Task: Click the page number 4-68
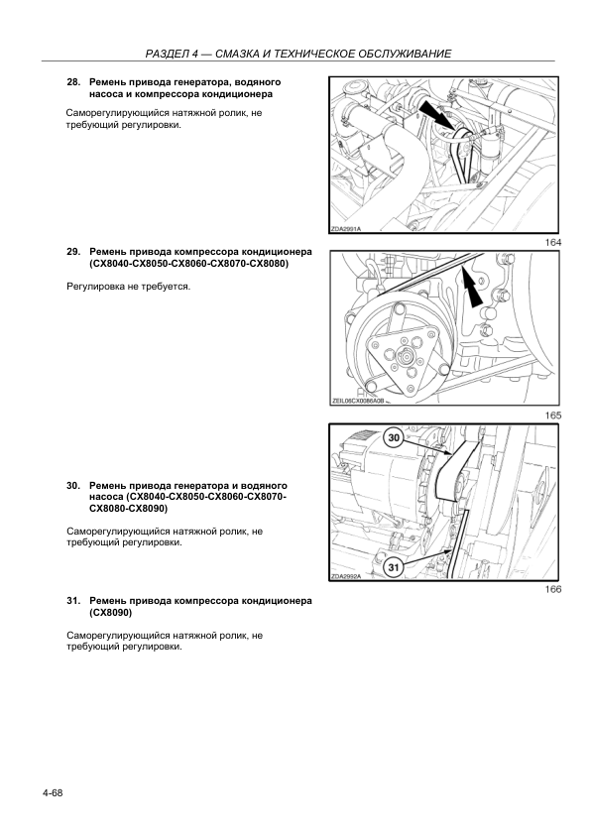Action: point(53,793)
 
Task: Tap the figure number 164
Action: point(553,242)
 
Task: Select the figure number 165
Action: point(553,416)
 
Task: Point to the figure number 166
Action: point(553,589)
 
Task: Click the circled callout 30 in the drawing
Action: point(394,437)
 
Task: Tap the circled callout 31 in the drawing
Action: point(393,567)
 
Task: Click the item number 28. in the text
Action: point(73,82)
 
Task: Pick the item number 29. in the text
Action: point(73,251)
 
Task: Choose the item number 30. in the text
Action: point(73,486)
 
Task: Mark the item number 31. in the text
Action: point(73,601)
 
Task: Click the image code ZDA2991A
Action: point(346,229)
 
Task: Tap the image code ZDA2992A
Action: point(346,576)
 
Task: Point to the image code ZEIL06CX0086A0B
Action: point(357,402)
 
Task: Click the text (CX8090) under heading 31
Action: point(111,613)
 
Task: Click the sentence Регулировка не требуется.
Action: point(128,287)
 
